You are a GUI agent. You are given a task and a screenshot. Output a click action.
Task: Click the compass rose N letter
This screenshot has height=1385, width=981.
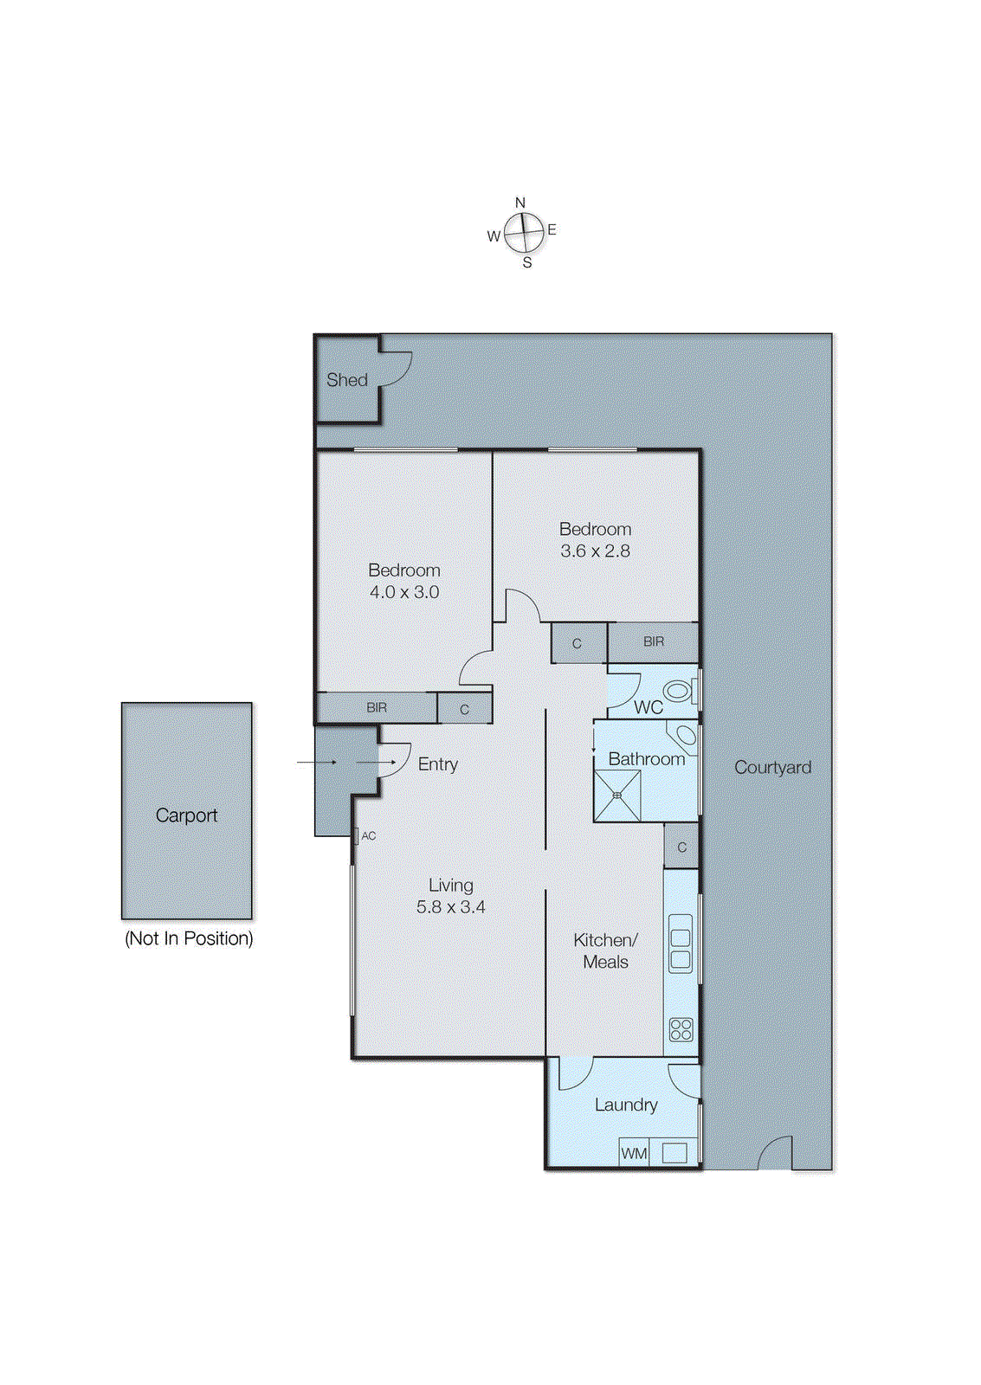coord(520,203)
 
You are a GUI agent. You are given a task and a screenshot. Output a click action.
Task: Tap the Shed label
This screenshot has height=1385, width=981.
coord(347,380)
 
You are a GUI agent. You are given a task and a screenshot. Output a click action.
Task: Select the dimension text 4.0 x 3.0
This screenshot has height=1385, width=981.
coord(404,592)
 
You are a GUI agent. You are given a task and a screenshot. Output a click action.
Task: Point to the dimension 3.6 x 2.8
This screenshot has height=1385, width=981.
coord(595,551)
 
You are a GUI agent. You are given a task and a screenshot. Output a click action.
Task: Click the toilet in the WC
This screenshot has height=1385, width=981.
coord(679,691)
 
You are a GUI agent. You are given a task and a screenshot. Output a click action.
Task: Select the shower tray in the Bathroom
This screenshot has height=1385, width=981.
coord(617,796)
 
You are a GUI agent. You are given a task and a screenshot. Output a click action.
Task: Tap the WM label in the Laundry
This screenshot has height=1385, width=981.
coord(634,1153)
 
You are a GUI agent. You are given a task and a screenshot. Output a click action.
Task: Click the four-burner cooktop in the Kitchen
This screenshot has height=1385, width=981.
coord(681,1029)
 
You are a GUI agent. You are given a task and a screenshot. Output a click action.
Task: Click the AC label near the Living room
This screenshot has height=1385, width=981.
coord(369,835)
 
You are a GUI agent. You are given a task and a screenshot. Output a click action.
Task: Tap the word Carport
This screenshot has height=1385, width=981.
coord(186,815)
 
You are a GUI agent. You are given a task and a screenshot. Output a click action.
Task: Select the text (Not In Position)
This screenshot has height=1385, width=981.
coord(189,938)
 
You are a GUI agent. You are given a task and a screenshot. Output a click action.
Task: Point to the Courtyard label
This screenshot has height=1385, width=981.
coord(772,767)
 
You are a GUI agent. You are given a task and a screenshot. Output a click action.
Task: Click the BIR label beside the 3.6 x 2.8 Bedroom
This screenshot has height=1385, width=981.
coord(654,641)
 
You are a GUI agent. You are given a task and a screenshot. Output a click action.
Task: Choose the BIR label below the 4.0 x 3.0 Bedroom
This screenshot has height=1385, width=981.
coord(377,707)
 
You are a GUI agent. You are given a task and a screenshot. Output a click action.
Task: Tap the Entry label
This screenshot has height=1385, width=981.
coord(437,763)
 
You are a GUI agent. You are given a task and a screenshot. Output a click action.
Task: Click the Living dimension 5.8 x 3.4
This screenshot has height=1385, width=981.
coord(450,907)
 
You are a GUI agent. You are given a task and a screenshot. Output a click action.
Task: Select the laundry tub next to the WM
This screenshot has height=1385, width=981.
coord(674,1153)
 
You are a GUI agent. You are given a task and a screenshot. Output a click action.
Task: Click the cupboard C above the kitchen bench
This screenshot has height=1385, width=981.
coord(681,847)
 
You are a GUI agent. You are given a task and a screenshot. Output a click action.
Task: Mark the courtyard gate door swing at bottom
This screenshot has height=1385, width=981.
coord(776,1153)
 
